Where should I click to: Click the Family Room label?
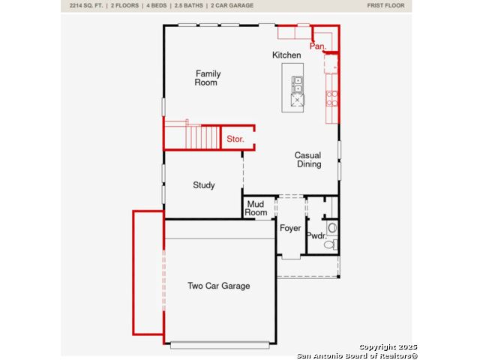(x=208, y=78)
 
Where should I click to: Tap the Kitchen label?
(x=286, y=55)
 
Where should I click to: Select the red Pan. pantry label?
(x=318, y=46)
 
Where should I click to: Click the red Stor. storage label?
(x=235, y=139)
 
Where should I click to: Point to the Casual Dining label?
(x=308, y=160)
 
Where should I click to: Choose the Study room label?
(x=204, y=185)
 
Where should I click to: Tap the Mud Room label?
(x=256, y=208)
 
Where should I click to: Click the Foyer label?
(x=290, y=228)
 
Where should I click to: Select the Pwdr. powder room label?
(x=316, y=235)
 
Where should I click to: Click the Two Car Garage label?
(x=219, y=286)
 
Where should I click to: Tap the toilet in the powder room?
(x=330, y=244)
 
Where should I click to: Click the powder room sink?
(x=332, y=228)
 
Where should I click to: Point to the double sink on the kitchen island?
(x=297, y=85)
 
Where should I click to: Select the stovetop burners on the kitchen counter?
(x=331, y=98)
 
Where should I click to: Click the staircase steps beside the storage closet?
(x=202, y=136)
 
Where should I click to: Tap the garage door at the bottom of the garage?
(x=220, y=345)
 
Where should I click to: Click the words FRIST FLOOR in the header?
(x=385, y=5)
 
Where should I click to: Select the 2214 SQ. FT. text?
(x=86, y=5)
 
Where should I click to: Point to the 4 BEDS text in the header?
(x=157, y=5)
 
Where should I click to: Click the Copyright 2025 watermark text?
(x=388, y=346)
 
